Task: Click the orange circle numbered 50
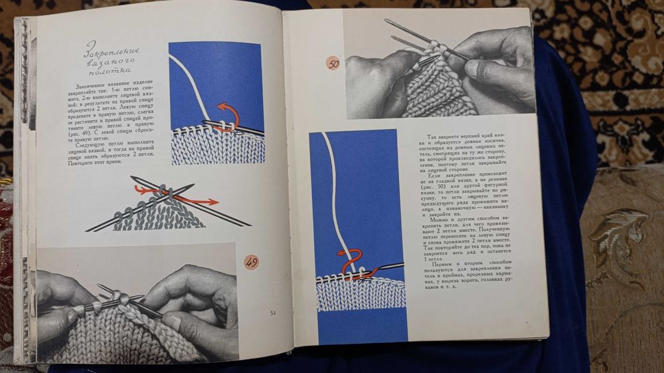point(333,63)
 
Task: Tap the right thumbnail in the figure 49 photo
point(171,320)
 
